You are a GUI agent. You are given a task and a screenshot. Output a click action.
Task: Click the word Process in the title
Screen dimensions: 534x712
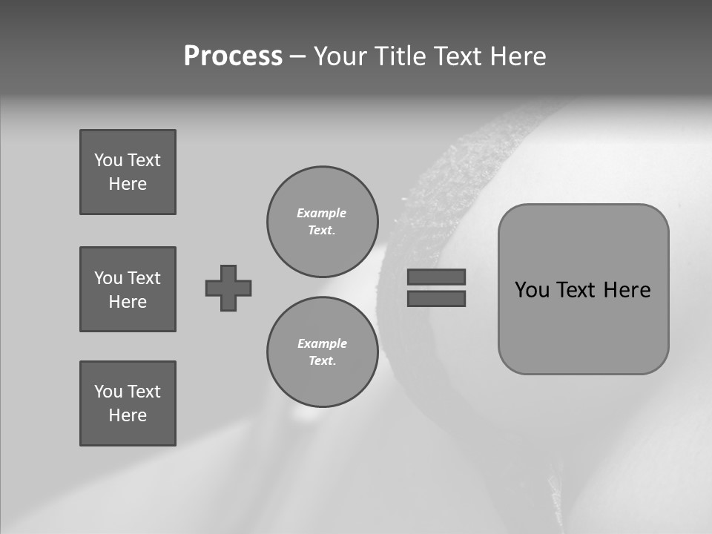(x=233, y=56)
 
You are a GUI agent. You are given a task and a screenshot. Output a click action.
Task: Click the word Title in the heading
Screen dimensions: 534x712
(x=398, y=56)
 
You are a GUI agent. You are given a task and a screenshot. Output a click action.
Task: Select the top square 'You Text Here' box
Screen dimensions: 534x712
(x=128, y=172)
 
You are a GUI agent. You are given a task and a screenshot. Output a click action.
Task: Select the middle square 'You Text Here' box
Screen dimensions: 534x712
(x=128, y=289)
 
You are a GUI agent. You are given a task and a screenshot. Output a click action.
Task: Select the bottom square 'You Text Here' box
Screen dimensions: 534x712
(x=128, y=403)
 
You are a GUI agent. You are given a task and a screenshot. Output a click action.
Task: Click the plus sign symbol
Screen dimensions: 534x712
(x=228, y=288)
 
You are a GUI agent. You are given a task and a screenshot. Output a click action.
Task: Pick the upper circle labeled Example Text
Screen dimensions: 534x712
(x=322, y=222)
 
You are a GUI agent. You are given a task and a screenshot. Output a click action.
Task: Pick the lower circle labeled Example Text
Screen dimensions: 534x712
(x=322, y=352)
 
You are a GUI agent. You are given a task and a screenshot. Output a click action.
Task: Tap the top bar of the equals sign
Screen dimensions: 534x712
(x=436, y=277)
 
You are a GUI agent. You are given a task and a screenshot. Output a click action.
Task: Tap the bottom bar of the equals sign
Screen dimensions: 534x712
(x=436, y=298)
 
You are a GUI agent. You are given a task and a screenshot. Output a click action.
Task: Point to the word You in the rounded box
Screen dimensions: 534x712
(x=532, y=290)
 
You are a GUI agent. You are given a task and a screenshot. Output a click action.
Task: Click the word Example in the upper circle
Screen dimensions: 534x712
(x=322, y=213)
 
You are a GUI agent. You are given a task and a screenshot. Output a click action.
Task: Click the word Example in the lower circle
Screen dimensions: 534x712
(x=322, y=343)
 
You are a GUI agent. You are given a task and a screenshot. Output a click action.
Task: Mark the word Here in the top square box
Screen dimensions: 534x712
(x=128, y=184)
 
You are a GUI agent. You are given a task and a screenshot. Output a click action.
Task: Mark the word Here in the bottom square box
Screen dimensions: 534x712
(x=128, y=415)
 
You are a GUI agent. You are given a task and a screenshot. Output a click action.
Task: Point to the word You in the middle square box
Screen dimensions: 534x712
(x=108, y=278)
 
